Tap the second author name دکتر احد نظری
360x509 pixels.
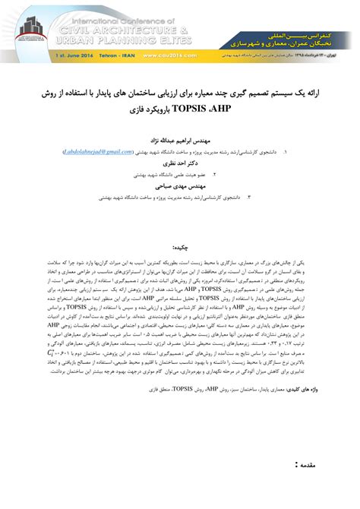tap(179, 163)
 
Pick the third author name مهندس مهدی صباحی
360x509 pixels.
tap(179, 185)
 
